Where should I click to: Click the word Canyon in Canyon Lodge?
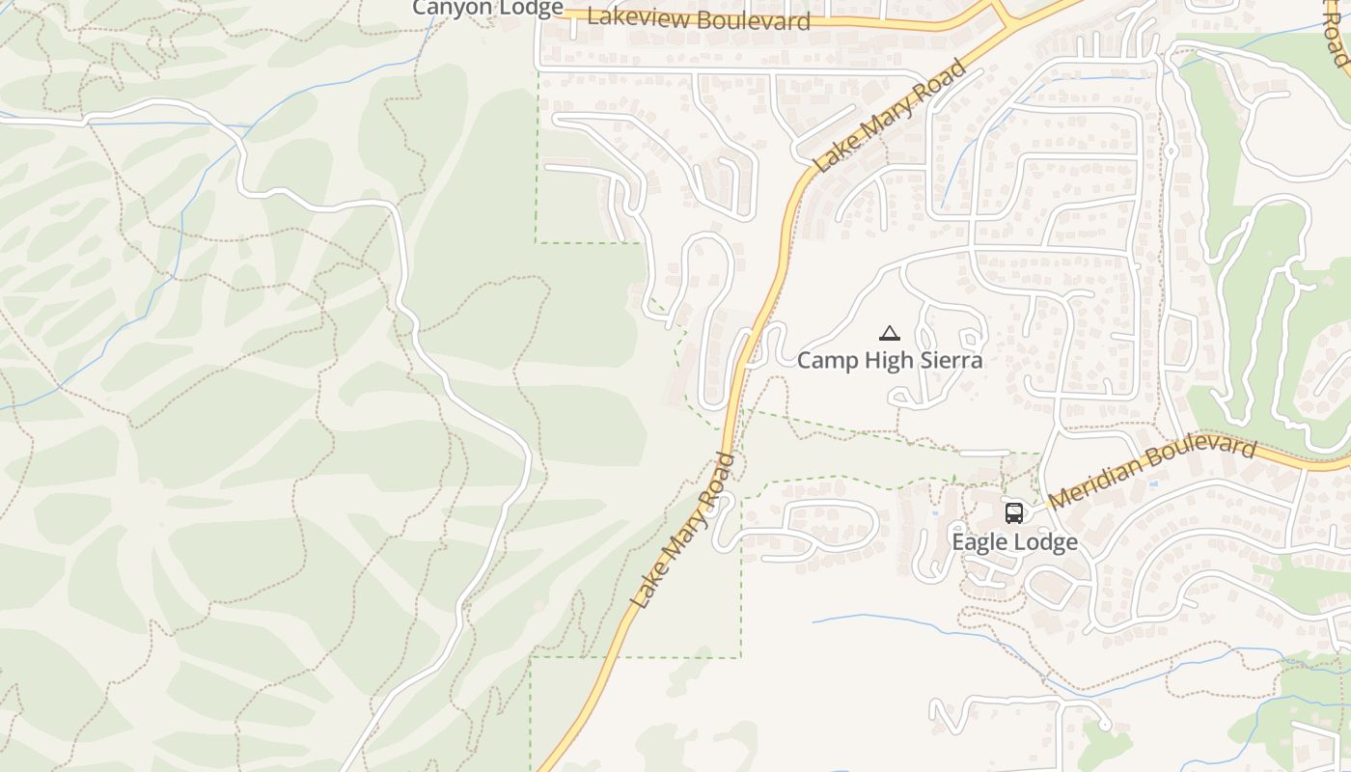450,8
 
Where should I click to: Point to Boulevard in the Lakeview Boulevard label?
755,20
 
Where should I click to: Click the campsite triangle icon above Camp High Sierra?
890,334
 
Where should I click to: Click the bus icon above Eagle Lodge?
1013,512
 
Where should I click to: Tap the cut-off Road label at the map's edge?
1336,34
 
